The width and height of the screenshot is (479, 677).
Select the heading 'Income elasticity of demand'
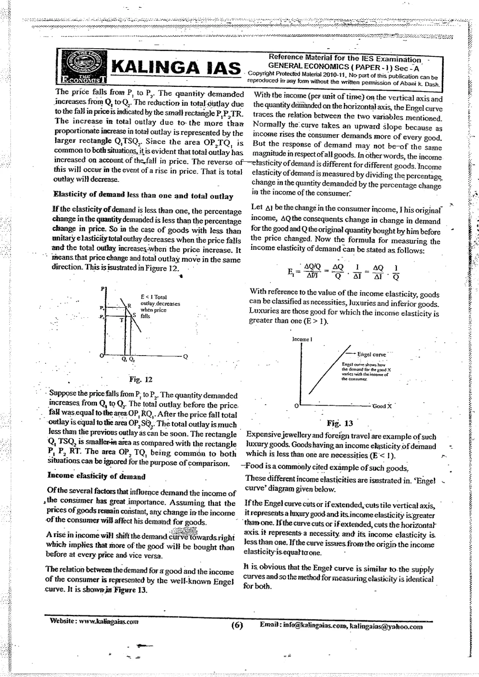(x=96, y=477)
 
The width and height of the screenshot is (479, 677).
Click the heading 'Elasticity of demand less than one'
(x=143, y=196)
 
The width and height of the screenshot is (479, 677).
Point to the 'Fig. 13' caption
(x=340, y=423)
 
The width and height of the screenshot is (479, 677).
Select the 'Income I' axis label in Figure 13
(x=302, y=340)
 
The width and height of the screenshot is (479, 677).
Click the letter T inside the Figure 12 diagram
(x=120, y=321)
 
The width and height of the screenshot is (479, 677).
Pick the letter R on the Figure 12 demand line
(x=130, y=306)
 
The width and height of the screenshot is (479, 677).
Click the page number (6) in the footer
(x=237, y=626)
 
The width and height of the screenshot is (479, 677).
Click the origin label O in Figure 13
(x=297, y=406)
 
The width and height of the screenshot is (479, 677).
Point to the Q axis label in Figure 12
(x=185, y=356)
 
